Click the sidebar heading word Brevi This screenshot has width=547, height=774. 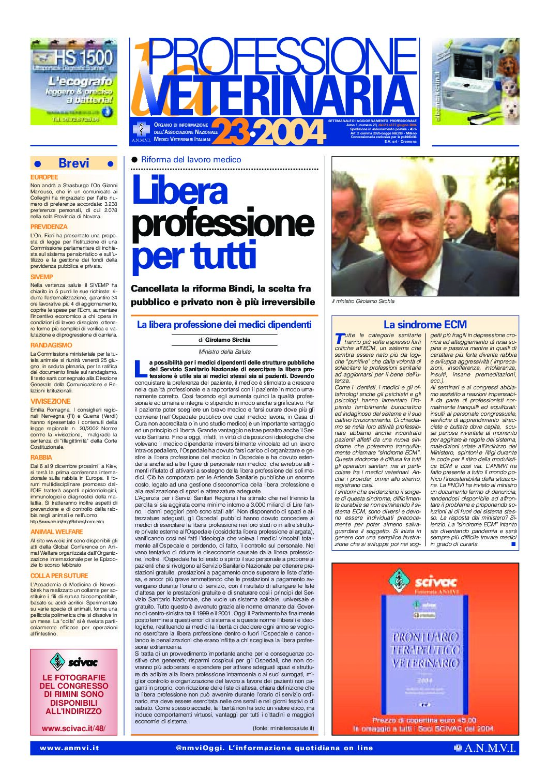pyautogui.click(x=74, y=163)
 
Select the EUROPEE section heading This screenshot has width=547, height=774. pyautogui.click(x=44, y=177)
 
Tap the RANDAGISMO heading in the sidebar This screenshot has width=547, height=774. pyautogui.click(x=51, y=345)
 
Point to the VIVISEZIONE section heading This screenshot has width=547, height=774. pyautogui.click(x=50, y=401)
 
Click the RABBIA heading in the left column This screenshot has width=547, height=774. pyautogui.click(x=41, y=458)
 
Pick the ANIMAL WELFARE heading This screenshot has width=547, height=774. pyautogui.click(x=56, y=532)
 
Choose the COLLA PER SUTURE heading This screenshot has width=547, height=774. pyautogui.click(x=59, y=575)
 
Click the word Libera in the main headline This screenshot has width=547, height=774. pyautogui.click(x=179, y=190)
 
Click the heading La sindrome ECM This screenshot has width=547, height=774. pyautogui.click(x=425, y=325)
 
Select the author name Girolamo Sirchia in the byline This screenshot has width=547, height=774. pyautogui.click(x=227, y=340)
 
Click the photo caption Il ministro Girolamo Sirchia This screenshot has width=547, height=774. pyautogui.click(x=363, y=301)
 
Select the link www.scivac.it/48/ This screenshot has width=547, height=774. pyautogui.click(x=73, y=729)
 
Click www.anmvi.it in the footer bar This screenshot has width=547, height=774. pyautogui.click(x=69, y=748)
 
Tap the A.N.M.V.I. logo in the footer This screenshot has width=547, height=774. pyautogui.click(x=485, y=748)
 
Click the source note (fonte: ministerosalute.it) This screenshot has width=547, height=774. pyautogui.click(x=283, y=728)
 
